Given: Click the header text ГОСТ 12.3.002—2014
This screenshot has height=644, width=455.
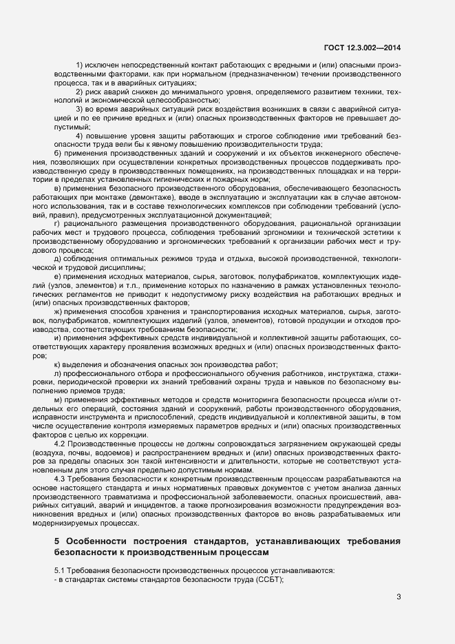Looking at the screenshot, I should point(362,48).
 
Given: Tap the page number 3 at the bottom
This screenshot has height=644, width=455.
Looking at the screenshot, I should point(398,596).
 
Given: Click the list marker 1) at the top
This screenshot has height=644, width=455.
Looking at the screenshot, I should point(80,64).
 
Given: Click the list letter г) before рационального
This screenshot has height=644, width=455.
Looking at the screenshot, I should point(57,224).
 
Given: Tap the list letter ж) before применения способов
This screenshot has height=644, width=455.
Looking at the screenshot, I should point(59,312).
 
